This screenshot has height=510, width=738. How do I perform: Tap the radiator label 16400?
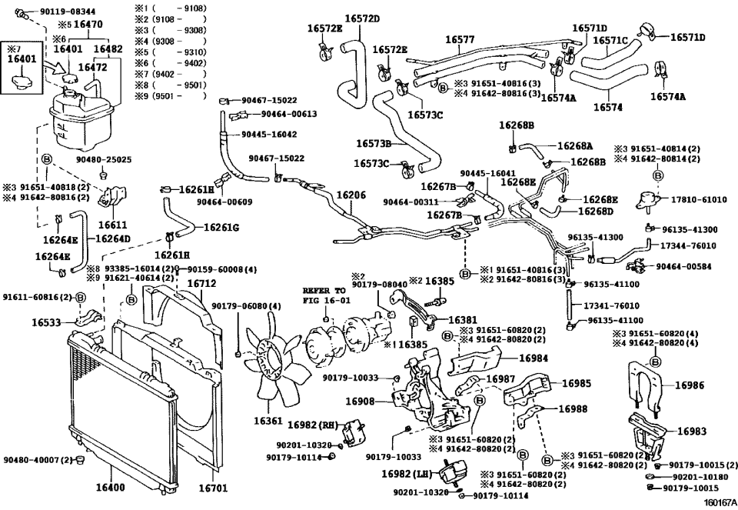[109, 488]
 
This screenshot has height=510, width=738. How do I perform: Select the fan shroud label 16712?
[202, 283]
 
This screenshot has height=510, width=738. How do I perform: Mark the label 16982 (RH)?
[314, 424]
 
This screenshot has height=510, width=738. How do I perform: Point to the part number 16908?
[359, 402]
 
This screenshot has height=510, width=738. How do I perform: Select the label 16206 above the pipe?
[351, 195]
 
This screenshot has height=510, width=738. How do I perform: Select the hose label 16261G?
[221, 228]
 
